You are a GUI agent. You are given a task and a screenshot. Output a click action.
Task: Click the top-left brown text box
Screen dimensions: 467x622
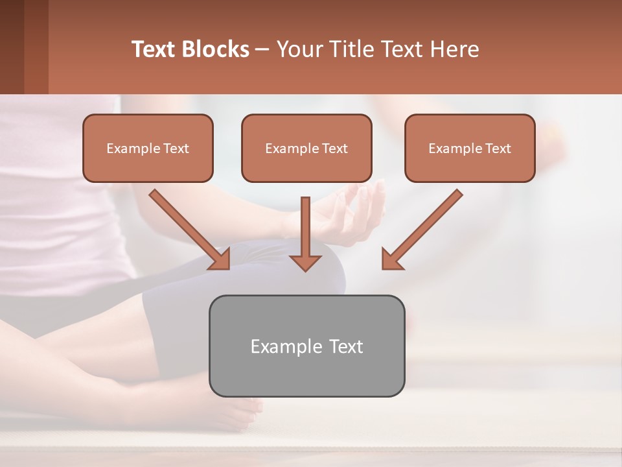148,148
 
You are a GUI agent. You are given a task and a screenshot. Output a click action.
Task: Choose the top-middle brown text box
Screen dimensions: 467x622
306,148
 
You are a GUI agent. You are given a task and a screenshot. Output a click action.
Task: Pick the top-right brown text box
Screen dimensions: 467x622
470,148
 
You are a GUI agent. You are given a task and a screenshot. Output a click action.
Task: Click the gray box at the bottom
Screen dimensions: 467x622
306,346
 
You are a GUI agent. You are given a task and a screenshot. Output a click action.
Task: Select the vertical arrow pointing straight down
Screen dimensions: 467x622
305,230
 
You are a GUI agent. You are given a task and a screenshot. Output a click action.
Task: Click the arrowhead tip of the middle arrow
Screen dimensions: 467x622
305,268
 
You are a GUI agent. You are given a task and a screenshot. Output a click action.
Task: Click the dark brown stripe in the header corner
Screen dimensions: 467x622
12,47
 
